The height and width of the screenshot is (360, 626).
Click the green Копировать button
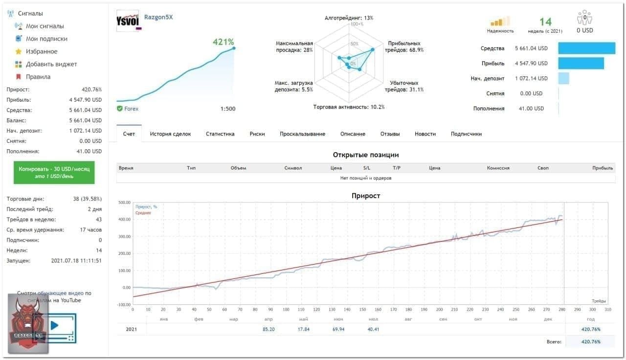[x=54, y=172]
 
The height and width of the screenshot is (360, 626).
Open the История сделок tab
[x=170, y=134]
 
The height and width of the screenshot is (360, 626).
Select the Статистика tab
[x=220, y=134]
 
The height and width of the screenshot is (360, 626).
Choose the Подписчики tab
[x=466, y=134]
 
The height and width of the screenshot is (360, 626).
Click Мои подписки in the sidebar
[x=46, y=39]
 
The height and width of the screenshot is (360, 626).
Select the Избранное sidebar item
[x=42, y=51]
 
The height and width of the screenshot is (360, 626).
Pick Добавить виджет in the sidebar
[x=51, y=64]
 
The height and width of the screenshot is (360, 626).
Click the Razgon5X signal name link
[x=158, y=18]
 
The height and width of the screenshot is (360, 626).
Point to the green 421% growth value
[x=223, y=42]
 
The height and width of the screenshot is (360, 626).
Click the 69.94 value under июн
[x=338, y=329]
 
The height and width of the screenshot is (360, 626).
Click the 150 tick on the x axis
[x=362, y=310]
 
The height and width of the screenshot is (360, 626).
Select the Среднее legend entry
[x=143, y=213]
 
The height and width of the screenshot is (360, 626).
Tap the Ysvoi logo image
[x=129, y=21]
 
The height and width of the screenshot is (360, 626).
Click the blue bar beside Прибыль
[x=581, y=63]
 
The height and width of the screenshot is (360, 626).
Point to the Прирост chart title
[x=365, y=196]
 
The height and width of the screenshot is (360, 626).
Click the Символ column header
[x=293, y=168]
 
